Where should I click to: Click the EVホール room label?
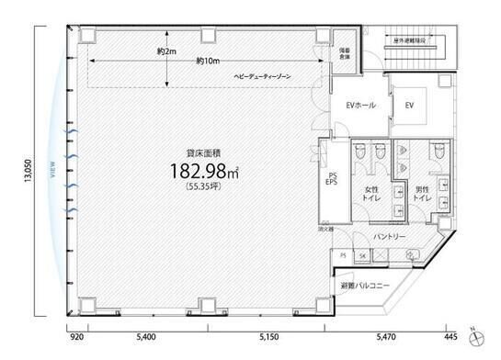click(359, 105)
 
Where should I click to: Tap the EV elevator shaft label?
click(409, 106)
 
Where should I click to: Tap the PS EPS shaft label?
click(333, 179)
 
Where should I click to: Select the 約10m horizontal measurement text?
click(207, 62)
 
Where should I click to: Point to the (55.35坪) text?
click(199, 186)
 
